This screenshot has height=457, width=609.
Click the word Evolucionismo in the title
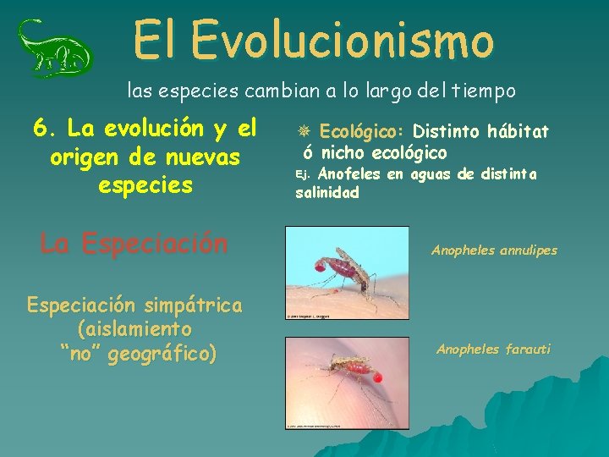click(342, 39)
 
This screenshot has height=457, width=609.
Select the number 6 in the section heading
click(39, 129)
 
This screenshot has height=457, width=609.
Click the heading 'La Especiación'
click(134, 244)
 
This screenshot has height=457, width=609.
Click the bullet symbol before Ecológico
click(305, 132)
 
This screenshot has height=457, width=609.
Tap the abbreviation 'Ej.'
click(304, 175)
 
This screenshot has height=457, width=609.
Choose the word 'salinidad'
click(327, 193)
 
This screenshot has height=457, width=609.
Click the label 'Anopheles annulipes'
click(494, 251)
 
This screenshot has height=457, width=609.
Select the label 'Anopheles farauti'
click(493, 349)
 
